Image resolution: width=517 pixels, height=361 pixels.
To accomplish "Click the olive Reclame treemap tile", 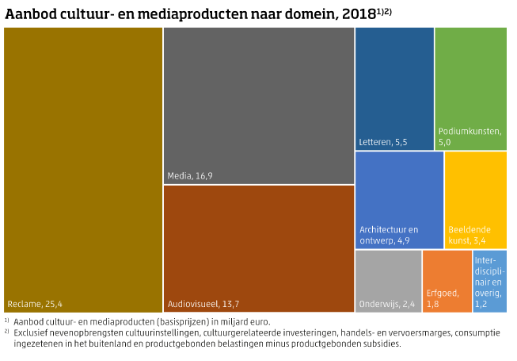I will pos(82,159).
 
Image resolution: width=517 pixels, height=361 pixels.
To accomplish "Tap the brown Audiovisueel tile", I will pos(258,237).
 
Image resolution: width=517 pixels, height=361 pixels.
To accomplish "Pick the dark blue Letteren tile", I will pos(394,87).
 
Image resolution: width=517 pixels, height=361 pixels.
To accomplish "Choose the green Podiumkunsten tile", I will pos(471,87).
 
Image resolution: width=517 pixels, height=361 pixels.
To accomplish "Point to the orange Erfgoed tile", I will pos(447,281).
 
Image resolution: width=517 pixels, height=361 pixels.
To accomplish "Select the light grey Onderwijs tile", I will pos(388,281).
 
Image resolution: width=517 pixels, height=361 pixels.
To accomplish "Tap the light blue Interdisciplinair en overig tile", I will pos(489,281).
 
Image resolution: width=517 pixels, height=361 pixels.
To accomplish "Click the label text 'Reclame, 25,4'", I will pos(35,303).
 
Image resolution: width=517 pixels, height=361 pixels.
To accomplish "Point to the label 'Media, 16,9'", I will pos(190,175).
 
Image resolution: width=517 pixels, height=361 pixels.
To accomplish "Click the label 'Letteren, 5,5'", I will pos(383,142).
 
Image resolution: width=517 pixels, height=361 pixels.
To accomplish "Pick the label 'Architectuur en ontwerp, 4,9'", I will pos(389,235).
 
